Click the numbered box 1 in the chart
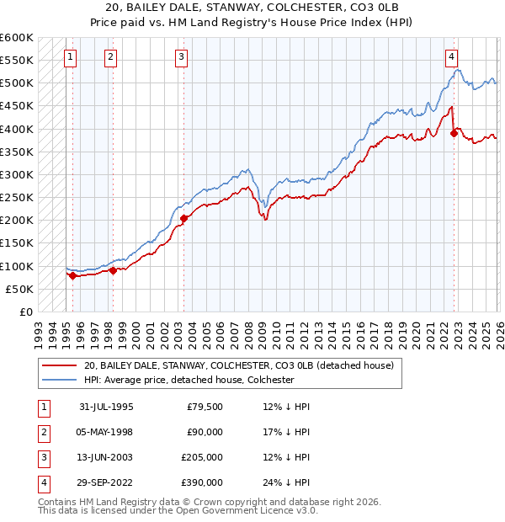coord(69,57)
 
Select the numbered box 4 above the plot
coord(452,57)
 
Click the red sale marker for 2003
coord(183,218)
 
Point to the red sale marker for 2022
coord(454,133)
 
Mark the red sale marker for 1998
coord(113,270)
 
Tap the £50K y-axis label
coord(19,289)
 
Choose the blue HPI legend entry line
coord(59,380)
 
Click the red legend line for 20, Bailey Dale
coord(59,365)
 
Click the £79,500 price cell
coord(203,406)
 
